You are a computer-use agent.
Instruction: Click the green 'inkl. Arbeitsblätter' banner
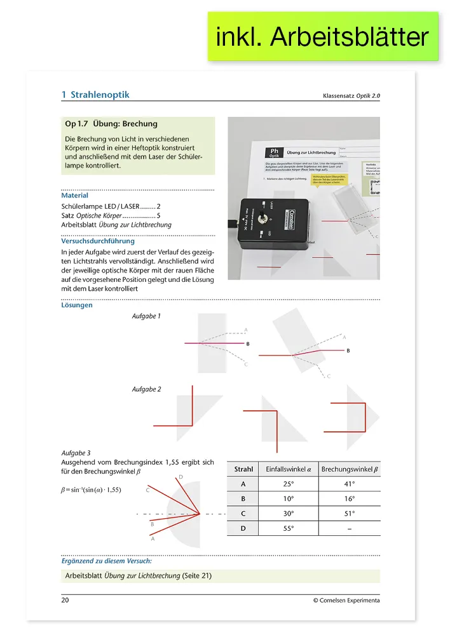coord(323,37)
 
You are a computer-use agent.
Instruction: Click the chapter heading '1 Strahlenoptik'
coord(95,95)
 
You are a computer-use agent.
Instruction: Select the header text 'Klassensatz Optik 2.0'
coord(351,96)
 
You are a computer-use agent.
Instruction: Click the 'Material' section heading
coord(75,196)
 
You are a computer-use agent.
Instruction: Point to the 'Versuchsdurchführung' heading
coord(98,241)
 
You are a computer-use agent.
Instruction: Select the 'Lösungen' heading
coord(77,305)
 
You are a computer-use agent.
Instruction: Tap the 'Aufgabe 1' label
coord(146,316)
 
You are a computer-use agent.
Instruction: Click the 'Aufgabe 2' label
coord(146,389)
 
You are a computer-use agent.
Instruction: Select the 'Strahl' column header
coord(244,469)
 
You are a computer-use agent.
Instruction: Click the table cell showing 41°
coord(350,484)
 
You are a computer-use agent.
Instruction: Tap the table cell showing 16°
coord(350,499)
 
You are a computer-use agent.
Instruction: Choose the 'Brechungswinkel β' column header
coord(350,469)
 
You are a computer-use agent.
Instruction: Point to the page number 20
coord(65,600)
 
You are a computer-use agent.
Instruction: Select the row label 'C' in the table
coord(244,514)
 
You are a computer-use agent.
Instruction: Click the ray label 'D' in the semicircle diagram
coord(181,477)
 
